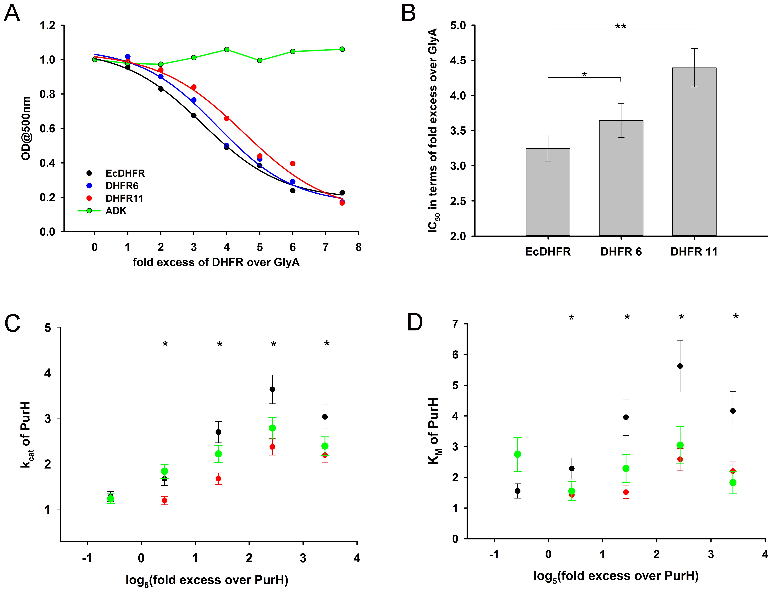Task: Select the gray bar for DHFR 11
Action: [694, 152]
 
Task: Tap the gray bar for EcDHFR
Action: [548, 192]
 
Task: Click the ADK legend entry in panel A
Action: [116, 211]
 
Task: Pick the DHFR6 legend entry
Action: [122, 186]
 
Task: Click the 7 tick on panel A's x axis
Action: [325, 247]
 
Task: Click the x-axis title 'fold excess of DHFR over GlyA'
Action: [216, 263]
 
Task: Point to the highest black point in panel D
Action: [680, 366]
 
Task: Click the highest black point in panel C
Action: [272, 389]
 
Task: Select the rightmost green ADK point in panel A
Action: [342, 49]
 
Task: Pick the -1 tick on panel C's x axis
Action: [87, 558]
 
